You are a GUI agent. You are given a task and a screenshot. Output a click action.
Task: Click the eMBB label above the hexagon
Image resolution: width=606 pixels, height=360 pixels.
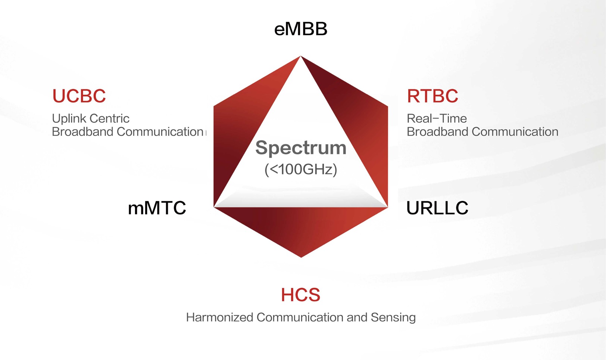tap(300, 29)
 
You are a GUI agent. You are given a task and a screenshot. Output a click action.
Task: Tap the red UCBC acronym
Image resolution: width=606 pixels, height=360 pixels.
tap(79, 96)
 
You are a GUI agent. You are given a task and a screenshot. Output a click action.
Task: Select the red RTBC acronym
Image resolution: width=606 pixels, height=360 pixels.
tap(432, 96)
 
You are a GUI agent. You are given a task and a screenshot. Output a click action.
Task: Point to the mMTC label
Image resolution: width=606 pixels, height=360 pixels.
tap(157, 208)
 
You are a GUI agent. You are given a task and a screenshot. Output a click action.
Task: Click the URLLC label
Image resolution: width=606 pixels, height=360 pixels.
tap(437, 208)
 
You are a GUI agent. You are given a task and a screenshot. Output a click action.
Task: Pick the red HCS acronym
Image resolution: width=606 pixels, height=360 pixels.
tap(300, 295)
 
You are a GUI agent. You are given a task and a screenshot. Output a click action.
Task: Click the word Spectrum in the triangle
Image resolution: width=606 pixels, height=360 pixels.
tap(301, 148)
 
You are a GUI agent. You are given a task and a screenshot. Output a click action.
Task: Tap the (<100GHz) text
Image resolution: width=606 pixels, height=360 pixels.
tap(301, 170)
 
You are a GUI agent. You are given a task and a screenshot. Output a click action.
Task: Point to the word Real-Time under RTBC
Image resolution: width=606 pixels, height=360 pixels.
tap(437, 118)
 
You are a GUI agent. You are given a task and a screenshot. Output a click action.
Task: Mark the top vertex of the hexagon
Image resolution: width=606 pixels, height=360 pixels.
tap(301, 56)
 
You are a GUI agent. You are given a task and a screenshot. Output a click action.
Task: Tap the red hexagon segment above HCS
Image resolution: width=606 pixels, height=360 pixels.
tap(301, 228)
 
